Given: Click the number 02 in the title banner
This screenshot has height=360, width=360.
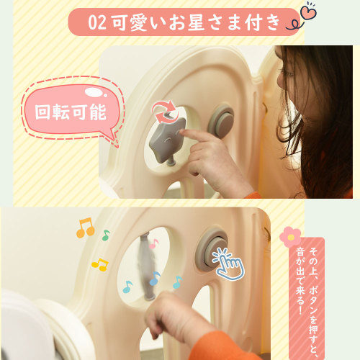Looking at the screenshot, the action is (x=96, y=22).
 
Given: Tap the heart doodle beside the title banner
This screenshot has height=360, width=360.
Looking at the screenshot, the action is (x=309, y=12).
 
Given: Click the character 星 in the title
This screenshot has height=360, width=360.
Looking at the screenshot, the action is (x=196, y=22).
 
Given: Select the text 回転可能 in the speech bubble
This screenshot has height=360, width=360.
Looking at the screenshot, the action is (x=71, y=112).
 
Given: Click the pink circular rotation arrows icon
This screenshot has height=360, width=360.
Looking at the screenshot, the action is (x=164, y=112).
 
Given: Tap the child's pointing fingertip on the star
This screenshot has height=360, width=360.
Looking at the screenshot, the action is (x=181, y=132).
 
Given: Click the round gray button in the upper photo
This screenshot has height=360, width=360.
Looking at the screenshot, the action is (x=221, y=122).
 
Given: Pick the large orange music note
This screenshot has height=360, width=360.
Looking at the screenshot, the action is (x=86, y=228).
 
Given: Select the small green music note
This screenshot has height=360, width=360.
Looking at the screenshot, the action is (x=106, y=235).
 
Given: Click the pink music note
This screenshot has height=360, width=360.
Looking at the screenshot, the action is (x=153, y=244).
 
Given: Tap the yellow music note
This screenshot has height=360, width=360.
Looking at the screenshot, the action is (x=100, y=265).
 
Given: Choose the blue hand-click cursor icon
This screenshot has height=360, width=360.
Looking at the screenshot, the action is (x=228, y=264).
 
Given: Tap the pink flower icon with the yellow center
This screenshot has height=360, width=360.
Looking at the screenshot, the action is (x=290, y=237).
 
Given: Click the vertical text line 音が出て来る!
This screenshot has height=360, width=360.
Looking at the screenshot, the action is (x=300, y=281).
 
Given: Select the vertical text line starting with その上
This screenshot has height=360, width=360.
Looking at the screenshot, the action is (x=313, y=303).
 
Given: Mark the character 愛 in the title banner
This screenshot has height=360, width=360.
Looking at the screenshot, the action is (x=138, y=23).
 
